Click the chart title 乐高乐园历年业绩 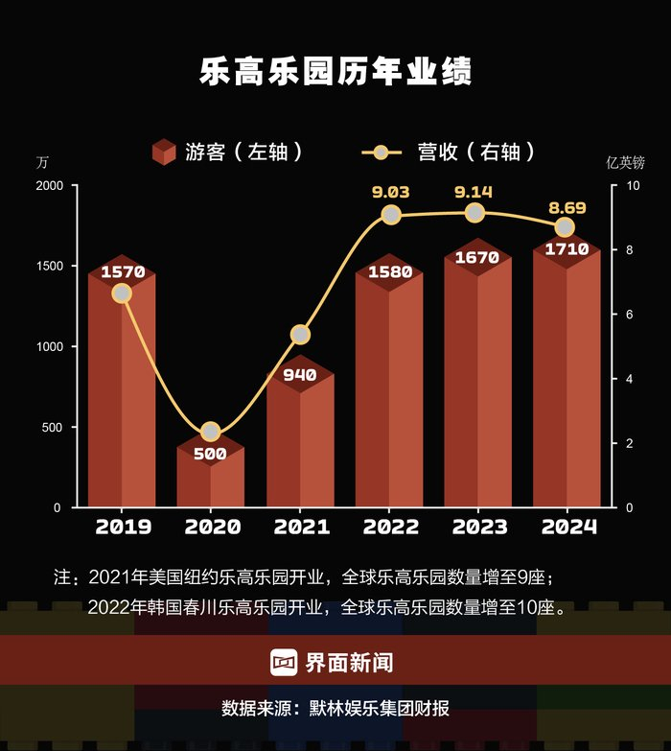pyautogui.click(x=335, y=73)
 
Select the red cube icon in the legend pyautogui.click(x=164, y=152)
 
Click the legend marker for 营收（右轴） pyautogui.click(x=381, y=152)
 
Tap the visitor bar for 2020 pyautogui.click(x=211, y=480)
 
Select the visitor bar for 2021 pyautogui.click(x=300, y=441)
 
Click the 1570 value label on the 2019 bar pyautogui.click(x=122, y=271)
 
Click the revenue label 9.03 pyautogui.click(x=390, y=192)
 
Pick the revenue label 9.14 pyautogui.click(x=474, y=191)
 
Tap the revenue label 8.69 pyautogui.click(x=565, y=206)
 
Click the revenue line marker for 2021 pyautogui.click(x=300, y=335)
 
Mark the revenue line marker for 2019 pyautogui.click(x=122, y=293)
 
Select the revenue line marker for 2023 pyautogui.click(x=474, y=213)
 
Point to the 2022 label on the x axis pyautogui.click(x=390, y=527)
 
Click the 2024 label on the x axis pyautogui.click(x=568, y=527)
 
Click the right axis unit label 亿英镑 pyautogui.click(x=626, y=162)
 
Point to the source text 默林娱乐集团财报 pyautogui.click(x=379, y=709)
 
